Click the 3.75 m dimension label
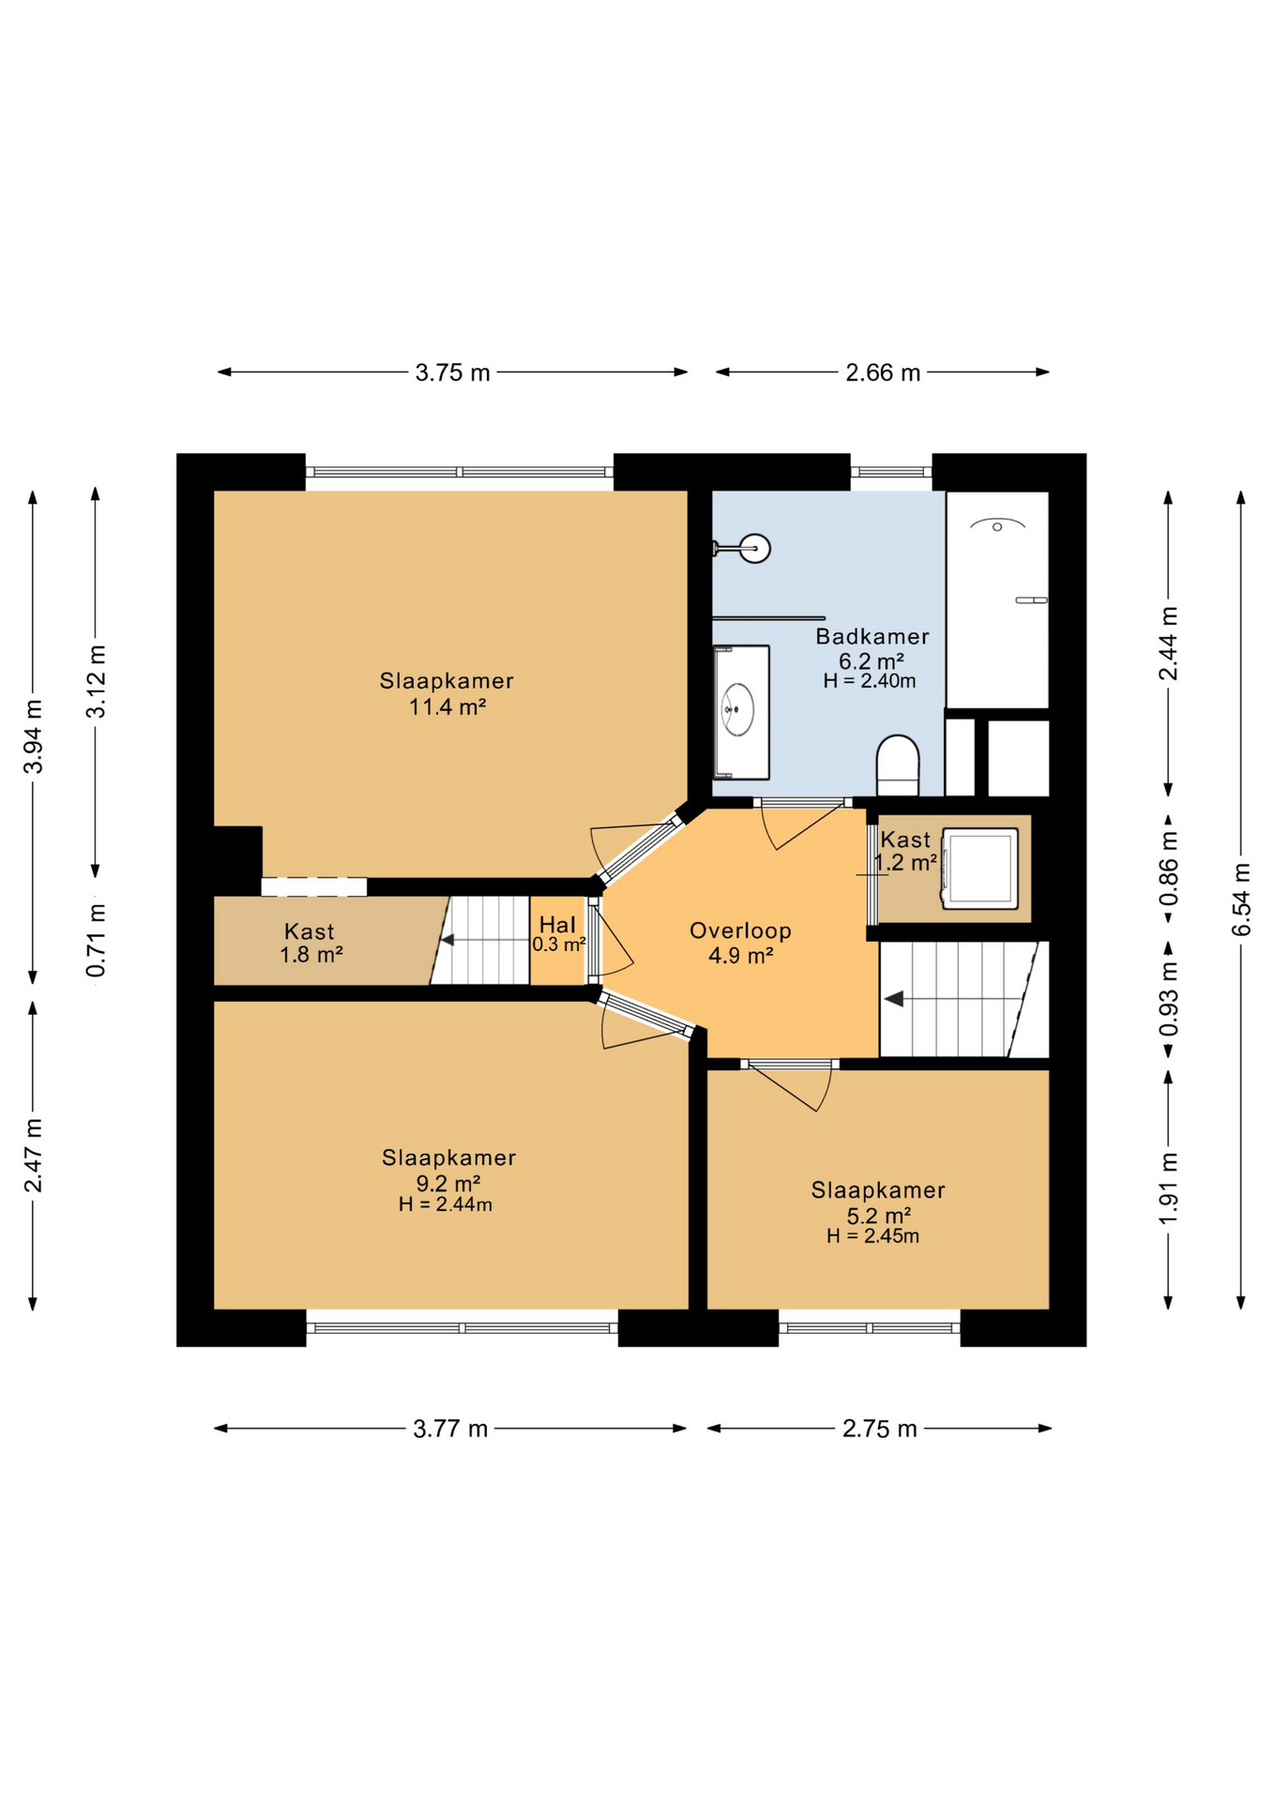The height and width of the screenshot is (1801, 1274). [x=452, y=372]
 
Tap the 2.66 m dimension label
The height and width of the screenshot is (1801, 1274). [x=882, y=372]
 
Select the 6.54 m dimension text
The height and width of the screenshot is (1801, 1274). [x=1240, y=899]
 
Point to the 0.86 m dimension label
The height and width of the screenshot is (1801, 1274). [x=1168, y=869]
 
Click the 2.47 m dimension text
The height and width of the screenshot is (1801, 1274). [x=33, y=1155]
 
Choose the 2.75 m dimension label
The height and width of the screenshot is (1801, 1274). [x=879, y=1429]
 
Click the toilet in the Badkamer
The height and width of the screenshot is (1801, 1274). [x=897, y=764]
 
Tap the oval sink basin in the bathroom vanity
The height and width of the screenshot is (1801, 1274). [x=737, y=710]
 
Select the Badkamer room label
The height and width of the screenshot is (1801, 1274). [x=872, y=637]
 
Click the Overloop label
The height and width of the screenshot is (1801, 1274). [x=740, y=931]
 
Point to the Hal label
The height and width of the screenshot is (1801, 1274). [x=557, y=926]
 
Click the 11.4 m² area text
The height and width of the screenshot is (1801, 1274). [x=447, y=707]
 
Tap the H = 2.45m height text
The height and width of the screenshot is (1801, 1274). [x=872, y=1236]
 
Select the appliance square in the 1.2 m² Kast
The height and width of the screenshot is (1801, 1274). [x=980, y=868]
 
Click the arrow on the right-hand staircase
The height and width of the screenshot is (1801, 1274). [x=894, y=999]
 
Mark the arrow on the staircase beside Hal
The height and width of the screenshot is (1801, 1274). [x=448, y=940]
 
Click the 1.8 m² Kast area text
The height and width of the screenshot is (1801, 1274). [x=311, y=955]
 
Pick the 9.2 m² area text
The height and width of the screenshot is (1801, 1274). [x=447, y=1183]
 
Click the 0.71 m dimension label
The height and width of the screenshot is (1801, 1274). [x=96, y=939]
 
